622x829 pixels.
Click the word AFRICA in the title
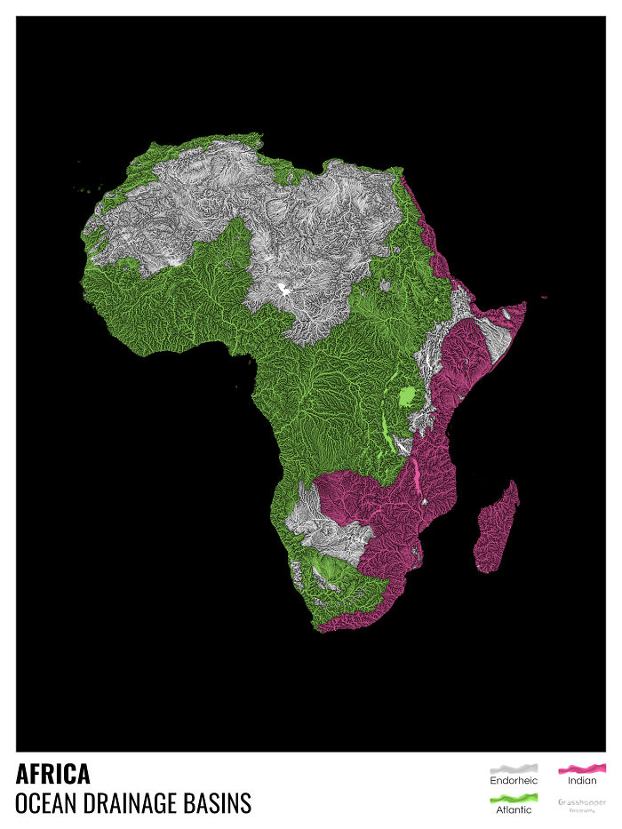[x=52, y=774]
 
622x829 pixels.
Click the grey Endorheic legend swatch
[x=514, y=768]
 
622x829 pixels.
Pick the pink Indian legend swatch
[x=582, y=768]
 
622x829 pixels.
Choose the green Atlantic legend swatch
[x=514, y=797]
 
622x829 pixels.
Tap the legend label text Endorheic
[x=514, y=781]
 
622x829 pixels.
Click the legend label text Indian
[x=582, y=781]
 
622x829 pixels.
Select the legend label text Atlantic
[x=514, y=809]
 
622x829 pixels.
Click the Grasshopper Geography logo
[x=582, y=804]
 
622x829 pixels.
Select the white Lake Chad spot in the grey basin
[x=284, y=288]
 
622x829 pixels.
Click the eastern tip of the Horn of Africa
[x=523, y=306]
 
